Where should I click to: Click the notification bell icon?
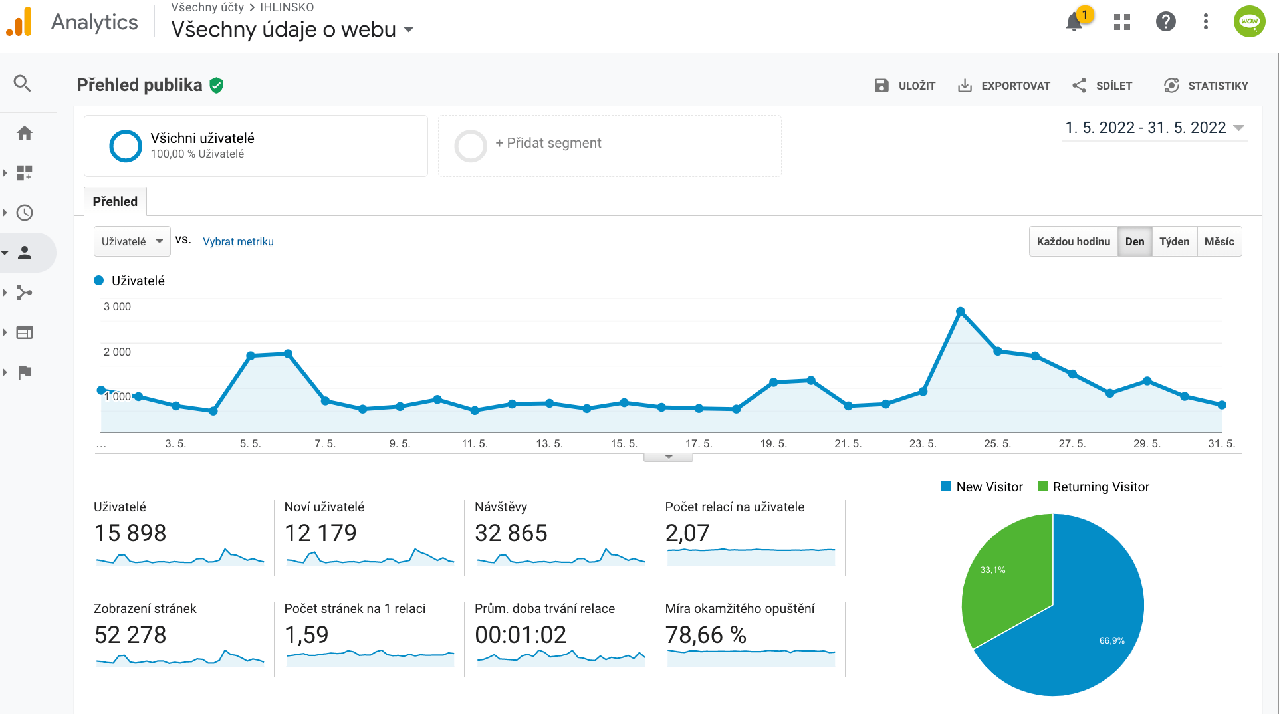click(x=1074, y=22)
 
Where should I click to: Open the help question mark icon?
click(x=1165, y=22)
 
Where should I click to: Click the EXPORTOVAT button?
click(x=1004, y=86)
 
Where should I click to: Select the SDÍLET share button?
click(x=1102, y=86)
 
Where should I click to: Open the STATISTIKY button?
click(x=1206, y=86)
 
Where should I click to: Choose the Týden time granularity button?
click(x=1174, y=241)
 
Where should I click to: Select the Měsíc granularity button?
click(x=1219, y=241)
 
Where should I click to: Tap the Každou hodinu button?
click(x=1073, y=241)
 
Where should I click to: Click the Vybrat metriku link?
click(x=238, y=241)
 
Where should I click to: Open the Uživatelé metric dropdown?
click(x=132, y=241)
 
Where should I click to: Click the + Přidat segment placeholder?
click(x=547, y=143)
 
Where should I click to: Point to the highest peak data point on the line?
click(x=960, y=312)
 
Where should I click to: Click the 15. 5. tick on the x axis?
click(x=624, y=443)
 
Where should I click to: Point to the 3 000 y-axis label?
click(x=117, y=306)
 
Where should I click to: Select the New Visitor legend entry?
click(x=982, y=487)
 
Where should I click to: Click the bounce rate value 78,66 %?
click(x=705, y=635)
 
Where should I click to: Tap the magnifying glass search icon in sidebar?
click(x=23, y=84)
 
